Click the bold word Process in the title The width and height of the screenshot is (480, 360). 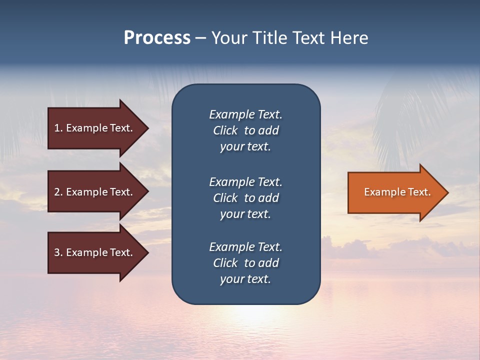[157, 38]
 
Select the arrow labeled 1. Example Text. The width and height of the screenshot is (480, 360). [95, 128]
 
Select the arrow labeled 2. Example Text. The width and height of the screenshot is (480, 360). [95, 192]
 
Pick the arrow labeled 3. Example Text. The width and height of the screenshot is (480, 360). [95, 252]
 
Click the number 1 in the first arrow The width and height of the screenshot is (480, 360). [57, 128]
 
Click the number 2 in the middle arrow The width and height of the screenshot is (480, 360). [57, 192]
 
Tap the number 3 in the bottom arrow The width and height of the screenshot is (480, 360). [57, 252]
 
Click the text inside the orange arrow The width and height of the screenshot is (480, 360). [397, 192]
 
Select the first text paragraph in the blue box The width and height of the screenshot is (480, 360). [245, 130]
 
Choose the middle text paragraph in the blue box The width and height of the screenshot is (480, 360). [245, 198]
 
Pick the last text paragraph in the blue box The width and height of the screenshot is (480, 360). [245, 263]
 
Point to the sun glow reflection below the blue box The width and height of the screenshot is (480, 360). [246, 317]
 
